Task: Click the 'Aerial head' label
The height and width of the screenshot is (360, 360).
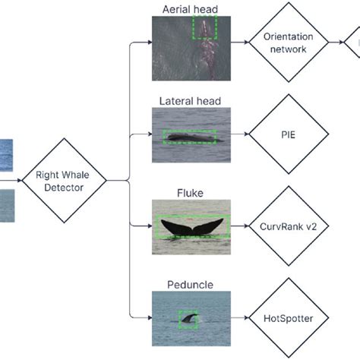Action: click(190, 8)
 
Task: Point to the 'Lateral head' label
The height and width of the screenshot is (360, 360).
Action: click(190, 100)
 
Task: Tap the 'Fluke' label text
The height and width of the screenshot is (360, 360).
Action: click(190, 193)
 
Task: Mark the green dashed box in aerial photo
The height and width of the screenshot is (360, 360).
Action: click(204, 28)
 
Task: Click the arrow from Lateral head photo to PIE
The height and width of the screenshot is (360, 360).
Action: click(238, 135)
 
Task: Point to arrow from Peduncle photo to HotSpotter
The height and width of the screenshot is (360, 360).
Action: click(238, 317)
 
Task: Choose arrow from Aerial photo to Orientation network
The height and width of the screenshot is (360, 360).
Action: click(238, 43)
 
